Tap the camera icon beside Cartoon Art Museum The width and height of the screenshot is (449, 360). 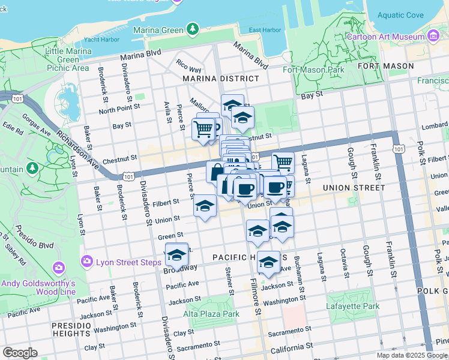[x=433, y=37]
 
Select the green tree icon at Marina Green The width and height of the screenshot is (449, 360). [x=192, y=28]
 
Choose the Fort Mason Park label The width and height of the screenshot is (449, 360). [x=313, y=70]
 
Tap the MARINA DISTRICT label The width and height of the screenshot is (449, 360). [x=221, y=79]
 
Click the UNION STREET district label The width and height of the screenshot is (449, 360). [x=354, y=188]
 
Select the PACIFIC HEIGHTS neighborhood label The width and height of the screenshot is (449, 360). [x=243, y=257]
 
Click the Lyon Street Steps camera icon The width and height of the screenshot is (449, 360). [x=87, y=261]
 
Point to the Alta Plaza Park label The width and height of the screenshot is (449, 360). [x=211, y=314]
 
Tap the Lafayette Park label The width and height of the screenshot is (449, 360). [x=353, y=307]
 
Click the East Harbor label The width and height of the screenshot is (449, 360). [x=265, y=30]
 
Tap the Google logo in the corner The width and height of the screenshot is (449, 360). [x=20, y=353]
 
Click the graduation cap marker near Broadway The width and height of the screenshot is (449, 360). [x=176, y=254]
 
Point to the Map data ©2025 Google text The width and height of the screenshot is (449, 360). [x=411, y=355]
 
